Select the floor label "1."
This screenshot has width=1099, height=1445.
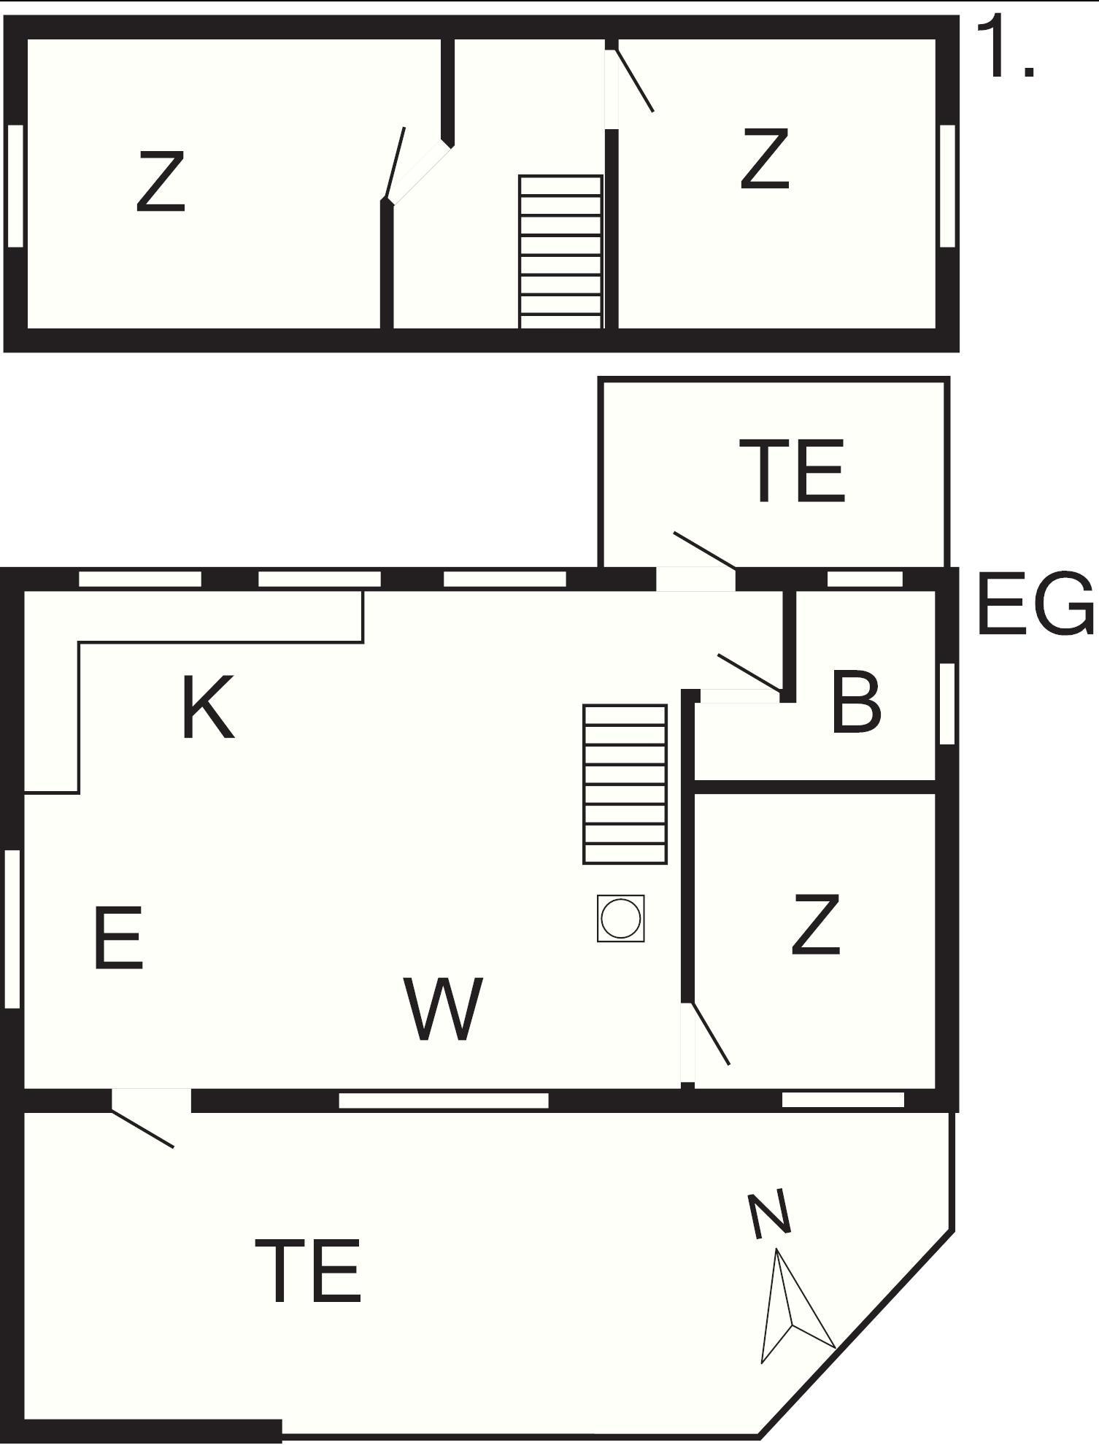click(1006, 47)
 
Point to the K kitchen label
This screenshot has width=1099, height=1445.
click(208, 707)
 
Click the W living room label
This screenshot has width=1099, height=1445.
click(443, 1009)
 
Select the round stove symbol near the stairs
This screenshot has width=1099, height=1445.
click(620, 918)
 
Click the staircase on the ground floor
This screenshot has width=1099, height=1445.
click(625, 785)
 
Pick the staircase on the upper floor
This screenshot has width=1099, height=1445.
click(560, 252)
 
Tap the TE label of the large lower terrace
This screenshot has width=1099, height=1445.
click(308, 1271)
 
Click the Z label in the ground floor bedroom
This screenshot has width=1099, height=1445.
click(816, 925)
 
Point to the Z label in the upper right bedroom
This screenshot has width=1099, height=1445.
click(765, 158)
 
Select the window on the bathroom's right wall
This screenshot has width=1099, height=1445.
click(946, 704)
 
